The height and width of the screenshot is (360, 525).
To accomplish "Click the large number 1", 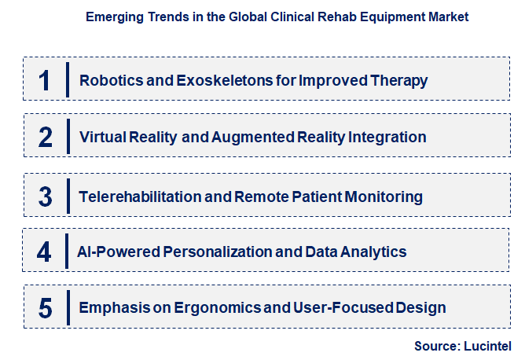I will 46,80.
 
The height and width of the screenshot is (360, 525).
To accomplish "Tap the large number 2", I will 46,138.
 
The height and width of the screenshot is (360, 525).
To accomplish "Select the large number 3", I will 46,196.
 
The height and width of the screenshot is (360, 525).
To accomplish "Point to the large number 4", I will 45,252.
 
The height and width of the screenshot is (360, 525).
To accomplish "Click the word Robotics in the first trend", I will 106,80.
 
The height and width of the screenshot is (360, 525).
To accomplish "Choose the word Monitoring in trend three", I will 385,196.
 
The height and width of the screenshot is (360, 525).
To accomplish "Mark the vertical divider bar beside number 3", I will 68,196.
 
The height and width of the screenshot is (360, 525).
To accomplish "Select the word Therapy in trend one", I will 401,80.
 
